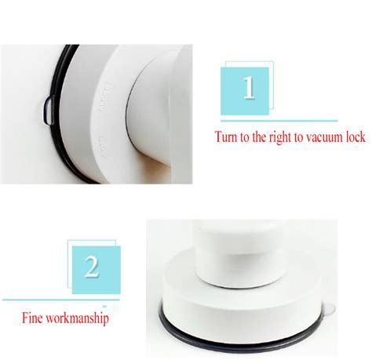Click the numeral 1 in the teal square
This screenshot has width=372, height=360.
tap(250, 88)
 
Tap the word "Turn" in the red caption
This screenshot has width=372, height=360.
tap(231, 137)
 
